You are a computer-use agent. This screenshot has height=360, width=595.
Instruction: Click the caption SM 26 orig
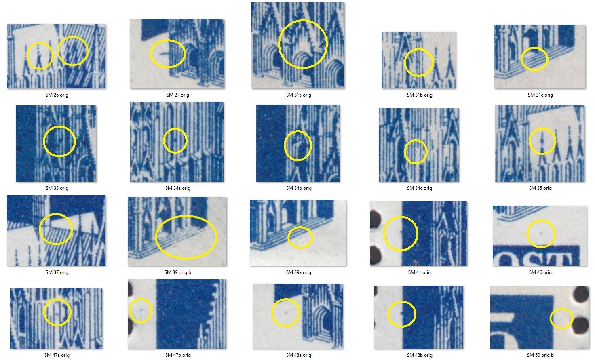click(57, 95)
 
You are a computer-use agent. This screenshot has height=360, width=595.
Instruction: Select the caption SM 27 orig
click(178, 95)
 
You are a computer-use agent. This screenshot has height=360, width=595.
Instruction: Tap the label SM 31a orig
click(299, 95)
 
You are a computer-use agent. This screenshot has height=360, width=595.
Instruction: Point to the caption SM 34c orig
click(420, 188)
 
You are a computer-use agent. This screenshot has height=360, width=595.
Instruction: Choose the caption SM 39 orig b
click(178, 272)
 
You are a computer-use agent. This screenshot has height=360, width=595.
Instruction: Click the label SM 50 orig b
click(540, 355)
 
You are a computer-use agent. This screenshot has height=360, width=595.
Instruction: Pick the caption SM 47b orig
click(178, 355)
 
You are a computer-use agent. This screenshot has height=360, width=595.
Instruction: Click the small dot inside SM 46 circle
click(541, 233)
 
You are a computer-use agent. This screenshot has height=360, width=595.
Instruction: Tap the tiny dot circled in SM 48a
click(286, 312)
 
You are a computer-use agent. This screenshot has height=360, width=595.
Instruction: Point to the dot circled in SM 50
click(561, 318)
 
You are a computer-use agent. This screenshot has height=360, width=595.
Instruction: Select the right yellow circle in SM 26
click(87, 51)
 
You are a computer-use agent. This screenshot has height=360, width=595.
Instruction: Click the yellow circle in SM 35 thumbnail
click(529, 141)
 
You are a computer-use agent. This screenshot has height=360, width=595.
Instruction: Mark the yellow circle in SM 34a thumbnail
click(163, 141)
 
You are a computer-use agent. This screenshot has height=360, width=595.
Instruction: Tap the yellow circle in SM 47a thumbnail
click(44, 312)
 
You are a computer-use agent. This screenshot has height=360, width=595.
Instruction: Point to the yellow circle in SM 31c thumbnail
click(521, 59)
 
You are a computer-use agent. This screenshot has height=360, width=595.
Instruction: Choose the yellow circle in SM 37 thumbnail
click(40, 229)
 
